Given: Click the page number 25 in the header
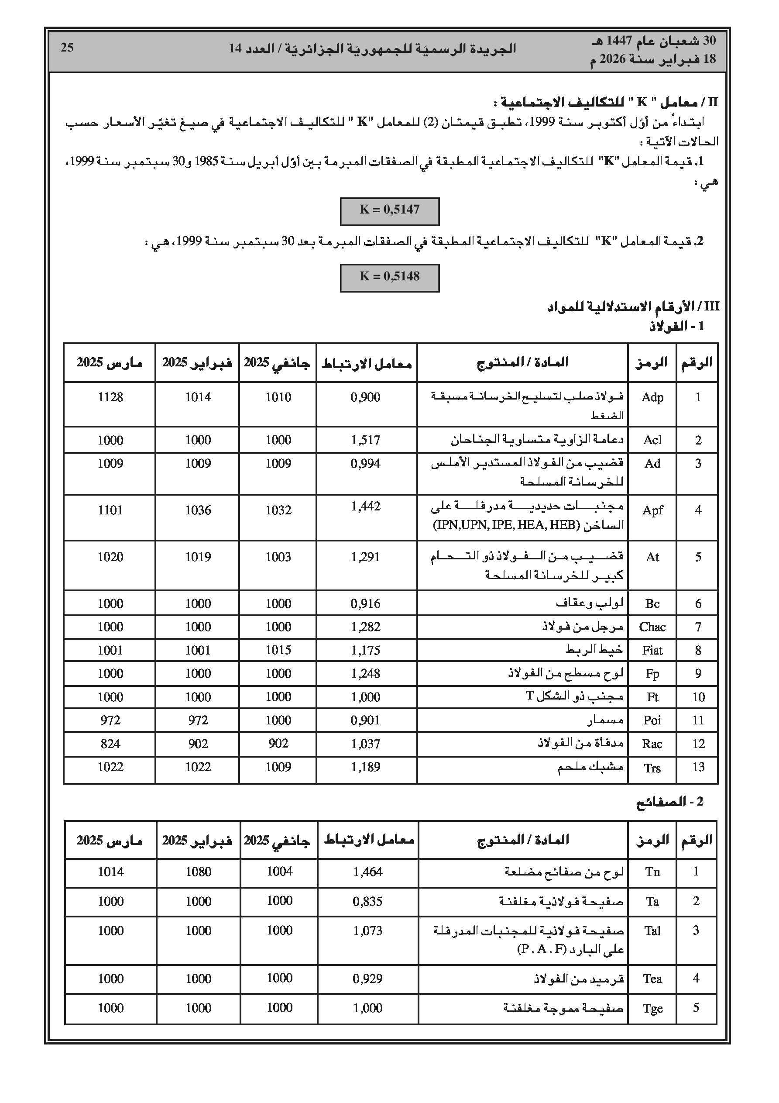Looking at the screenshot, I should pyautogui.click(x=67, y=48).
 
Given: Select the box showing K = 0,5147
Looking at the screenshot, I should pyautogui.click(x=389, y=211).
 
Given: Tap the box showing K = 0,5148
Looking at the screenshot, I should pyautogui.click(x=389, y=278).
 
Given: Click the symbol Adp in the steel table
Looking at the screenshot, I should pyautogui.click(x=652, y=397).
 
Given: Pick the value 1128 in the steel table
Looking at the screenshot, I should pyautogui.click(x=110, y=397).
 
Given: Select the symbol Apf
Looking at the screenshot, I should pyautogui.click(x=652, y=510).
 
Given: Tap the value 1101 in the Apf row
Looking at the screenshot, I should pyautogui.click(x=110, y=510).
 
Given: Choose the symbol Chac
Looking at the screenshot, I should pyautogui.click(x=652, y=627).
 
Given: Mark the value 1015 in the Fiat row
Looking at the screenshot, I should pyautogui.click(x=278, y=650).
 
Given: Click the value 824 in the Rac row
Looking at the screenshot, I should pyautogui.click(x=110, y=744).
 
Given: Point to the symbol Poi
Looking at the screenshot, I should pyautogui.click(x=652, y=720).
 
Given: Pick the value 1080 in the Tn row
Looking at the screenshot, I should pyautogui.click(x=199, y=872).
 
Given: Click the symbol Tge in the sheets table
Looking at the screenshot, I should pyautogui.click(x=652, y=1008).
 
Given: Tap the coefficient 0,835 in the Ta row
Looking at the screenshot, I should pyautogui.click(x=367, y=901).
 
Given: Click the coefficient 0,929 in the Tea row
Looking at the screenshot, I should pyautogui.click(x=367, y=979).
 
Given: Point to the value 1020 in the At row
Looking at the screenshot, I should pyautogui.click(x=110, y=557).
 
